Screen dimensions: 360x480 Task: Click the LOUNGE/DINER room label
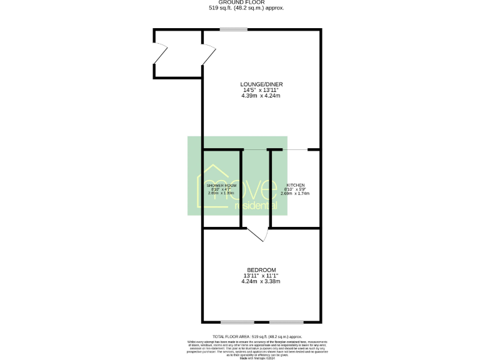[x=261, y=84]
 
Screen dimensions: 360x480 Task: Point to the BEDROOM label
[x=261, y=270]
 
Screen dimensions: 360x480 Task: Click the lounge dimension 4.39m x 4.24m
[x=261, y=96]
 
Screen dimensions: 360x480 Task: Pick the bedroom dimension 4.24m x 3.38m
[x=261, y=282]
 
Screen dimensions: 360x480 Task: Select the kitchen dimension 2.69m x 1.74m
[x=295, y=194]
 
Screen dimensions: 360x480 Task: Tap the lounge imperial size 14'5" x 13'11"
[x=261, y=90]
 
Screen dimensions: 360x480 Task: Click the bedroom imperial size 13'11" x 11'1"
[x=261, y=276]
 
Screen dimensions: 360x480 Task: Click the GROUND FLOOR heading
[x=240, y=2]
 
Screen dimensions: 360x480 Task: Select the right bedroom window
[x=286, y=322]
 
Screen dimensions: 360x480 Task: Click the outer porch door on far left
[x=161, y=54]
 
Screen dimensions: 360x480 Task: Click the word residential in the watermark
[x=254, y=206]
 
